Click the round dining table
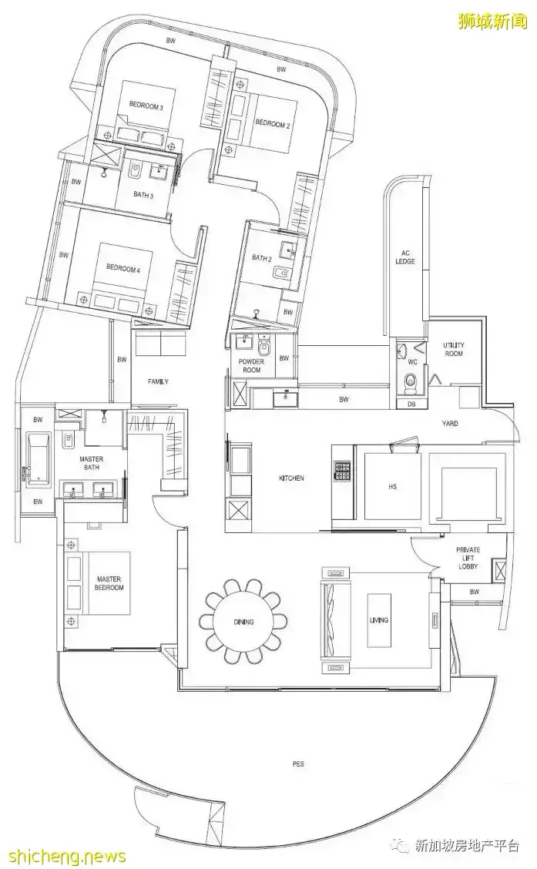pyautogui.click(x=243, y=621)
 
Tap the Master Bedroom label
pyautogui.click(x=109, y=583)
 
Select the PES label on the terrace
pyautogui.click(x=298, y=763)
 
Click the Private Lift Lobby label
pyautogui.click(x=468, y=558)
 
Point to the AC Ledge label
pyautogui.click(x=405, y=257)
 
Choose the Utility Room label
pyautogui.click(x=454, y=348)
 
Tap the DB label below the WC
pyautogui.click(x=411, y=404)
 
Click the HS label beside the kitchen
pyautogui.click(x=392, y=487)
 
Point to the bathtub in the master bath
pyautogui.click(x=37, y=459)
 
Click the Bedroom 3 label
pyautogui.click(x=146, y=106)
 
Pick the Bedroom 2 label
pyautogui.click(x=272, y=125)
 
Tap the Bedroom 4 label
pyautogui.click(x=123, y=268)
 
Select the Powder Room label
pyautogui.click(x=252, y=365)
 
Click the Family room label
pyautogui.click(x=158, y=381)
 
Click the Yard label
pyautogui.click(x=450, y=424)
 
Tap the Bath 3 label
pyautogui.click(x=143, y=195)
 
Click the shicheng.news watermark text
pyautogui.click(x=63, y=857)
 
